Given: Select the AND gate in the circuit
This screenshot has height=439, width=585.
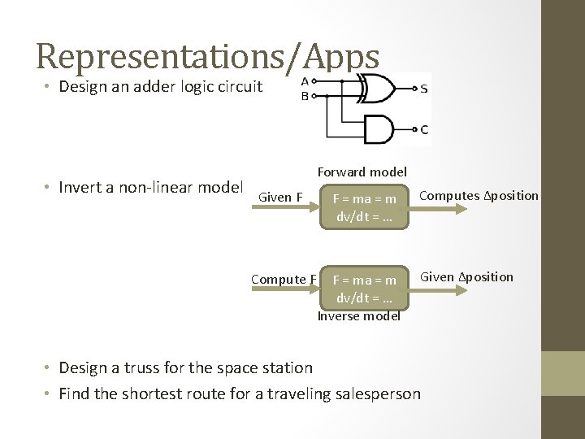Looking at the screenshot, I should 379,128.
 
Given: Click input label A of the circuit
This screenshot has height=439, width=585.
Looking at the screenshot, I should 305,81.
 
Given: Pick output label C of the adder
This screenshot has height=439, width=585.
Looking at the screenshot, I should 424,128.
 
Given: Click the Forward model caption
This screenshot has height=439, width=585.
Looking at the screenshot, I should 362,172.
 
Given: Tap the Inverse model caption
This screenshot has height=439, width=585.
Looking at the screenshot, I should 358,316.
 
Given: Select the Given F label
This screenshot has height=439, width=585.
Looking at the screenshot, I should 280,197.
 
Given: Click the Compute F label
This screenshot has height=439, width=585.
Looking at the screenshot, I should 284,280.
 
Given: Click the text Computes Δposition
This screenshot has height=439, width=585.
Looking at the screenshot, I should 479,195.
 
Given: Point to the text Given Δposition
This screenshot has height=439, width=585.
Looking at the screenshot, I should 466,277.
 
